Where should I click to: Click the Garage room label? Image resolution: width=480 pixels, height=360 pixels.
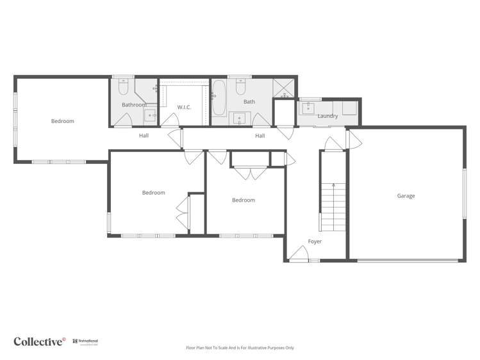pyautogui.click(x=406, y=196)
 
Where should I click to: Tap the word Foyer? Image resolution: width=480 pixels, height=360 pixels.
pyautogui.click(x=315, y=241)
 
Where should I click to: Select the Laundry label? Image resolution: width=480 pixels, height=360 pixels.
pyautogui.click(x=327, y=116)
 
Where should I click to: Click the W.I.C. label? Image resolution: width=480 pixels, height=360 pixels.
pyautogui.click(x=185, y=108)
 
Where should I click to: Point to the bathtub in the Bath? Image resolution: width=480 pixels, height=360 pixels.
pyautogui.click(x=219, y=98)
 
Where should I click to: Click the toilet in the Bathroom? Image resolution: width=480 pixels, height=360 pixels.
pyautogui.click(x=125, y=86)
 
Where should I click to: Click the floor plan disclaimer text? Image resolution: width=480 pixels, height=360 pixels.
pyautogui.click(x=240, y=348)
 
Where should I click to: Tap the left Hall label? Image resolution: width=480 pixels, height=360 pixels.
pyautogui.click(x=144, y=136)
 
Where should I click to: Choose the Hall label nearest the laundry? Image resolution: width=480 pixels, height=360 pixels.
pyautogui.click(x=260, y=136)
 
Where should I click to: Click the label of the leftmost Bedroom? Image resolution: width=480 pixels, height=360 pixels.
pyautogui.click(x=63, y=121)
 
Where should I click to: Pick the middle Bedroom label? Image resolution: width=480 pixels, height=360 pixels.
pyautogui.click(x=154, y=193)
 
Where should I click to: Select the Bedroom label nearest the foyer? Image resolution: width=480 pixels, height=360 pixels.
pyautogui.click(x=244, y=200)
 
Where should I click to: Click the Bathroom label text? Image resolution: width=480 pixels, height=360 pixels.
pyautogui.click(x=134, y=105)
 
